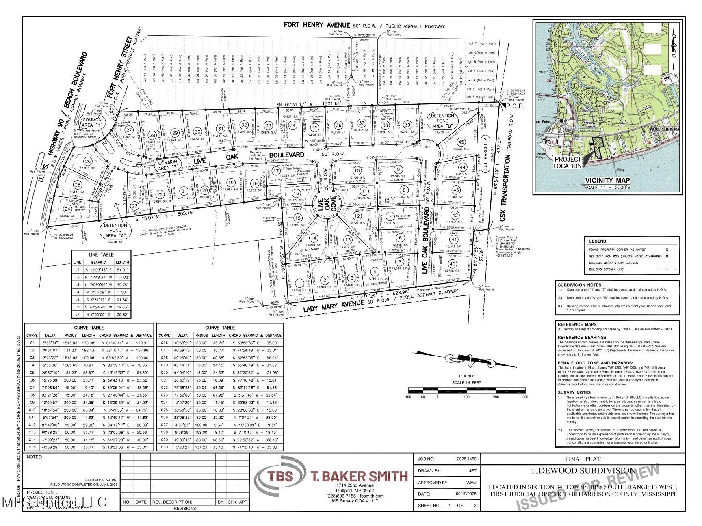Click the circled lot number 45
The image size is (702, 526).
461,142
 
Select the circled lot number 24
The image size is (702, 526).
67,209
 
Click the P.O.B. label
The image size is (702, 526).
516,106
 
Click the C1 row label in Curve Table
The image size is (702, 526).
32,343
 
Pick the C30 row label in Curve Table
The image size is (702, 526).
164,447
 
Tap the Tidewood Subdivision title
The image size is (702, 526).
582,471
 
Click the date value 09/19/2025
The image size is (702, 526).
464,494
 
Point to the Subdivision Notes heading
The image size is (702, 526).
580,285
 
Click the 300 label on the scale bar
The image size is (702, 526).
525,397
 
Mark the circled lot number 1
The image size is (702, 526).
299,283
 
